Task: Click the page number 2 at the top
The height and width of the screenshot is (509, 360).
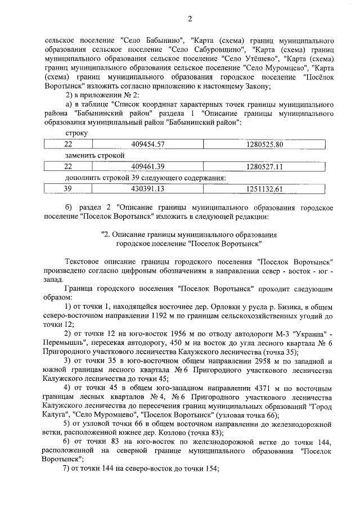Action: point(190,20)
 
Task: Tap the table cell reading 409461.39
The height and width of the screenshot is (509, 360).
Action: point(147,166)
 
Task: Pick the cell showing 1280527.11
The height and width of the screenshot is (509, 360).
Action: point(264,166)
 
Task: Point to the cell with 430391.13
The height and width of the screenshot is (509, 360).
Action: point(147,189)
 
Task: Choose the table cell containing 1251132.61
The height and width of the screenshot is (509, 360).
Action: point(264,189)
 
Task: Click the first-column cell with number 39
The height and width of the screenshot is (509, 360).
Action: point(68,189)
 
